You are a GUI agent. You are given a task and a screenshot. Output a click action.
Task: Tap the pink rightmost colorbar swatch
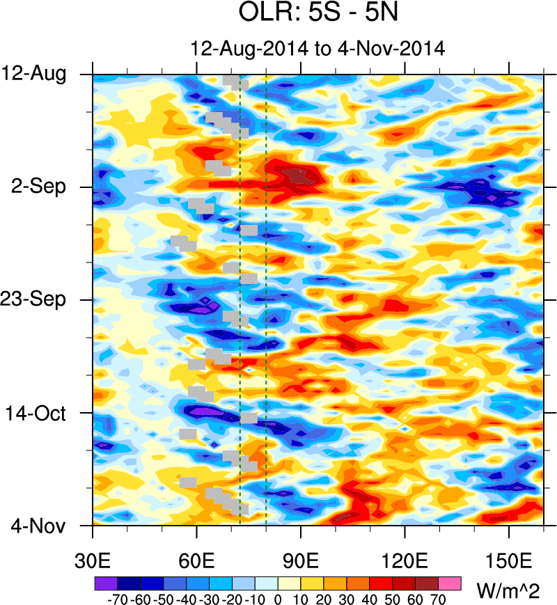point(450,581)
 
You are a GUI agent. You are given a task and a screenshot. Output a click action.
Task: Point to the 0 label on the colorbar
point(278,598)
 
